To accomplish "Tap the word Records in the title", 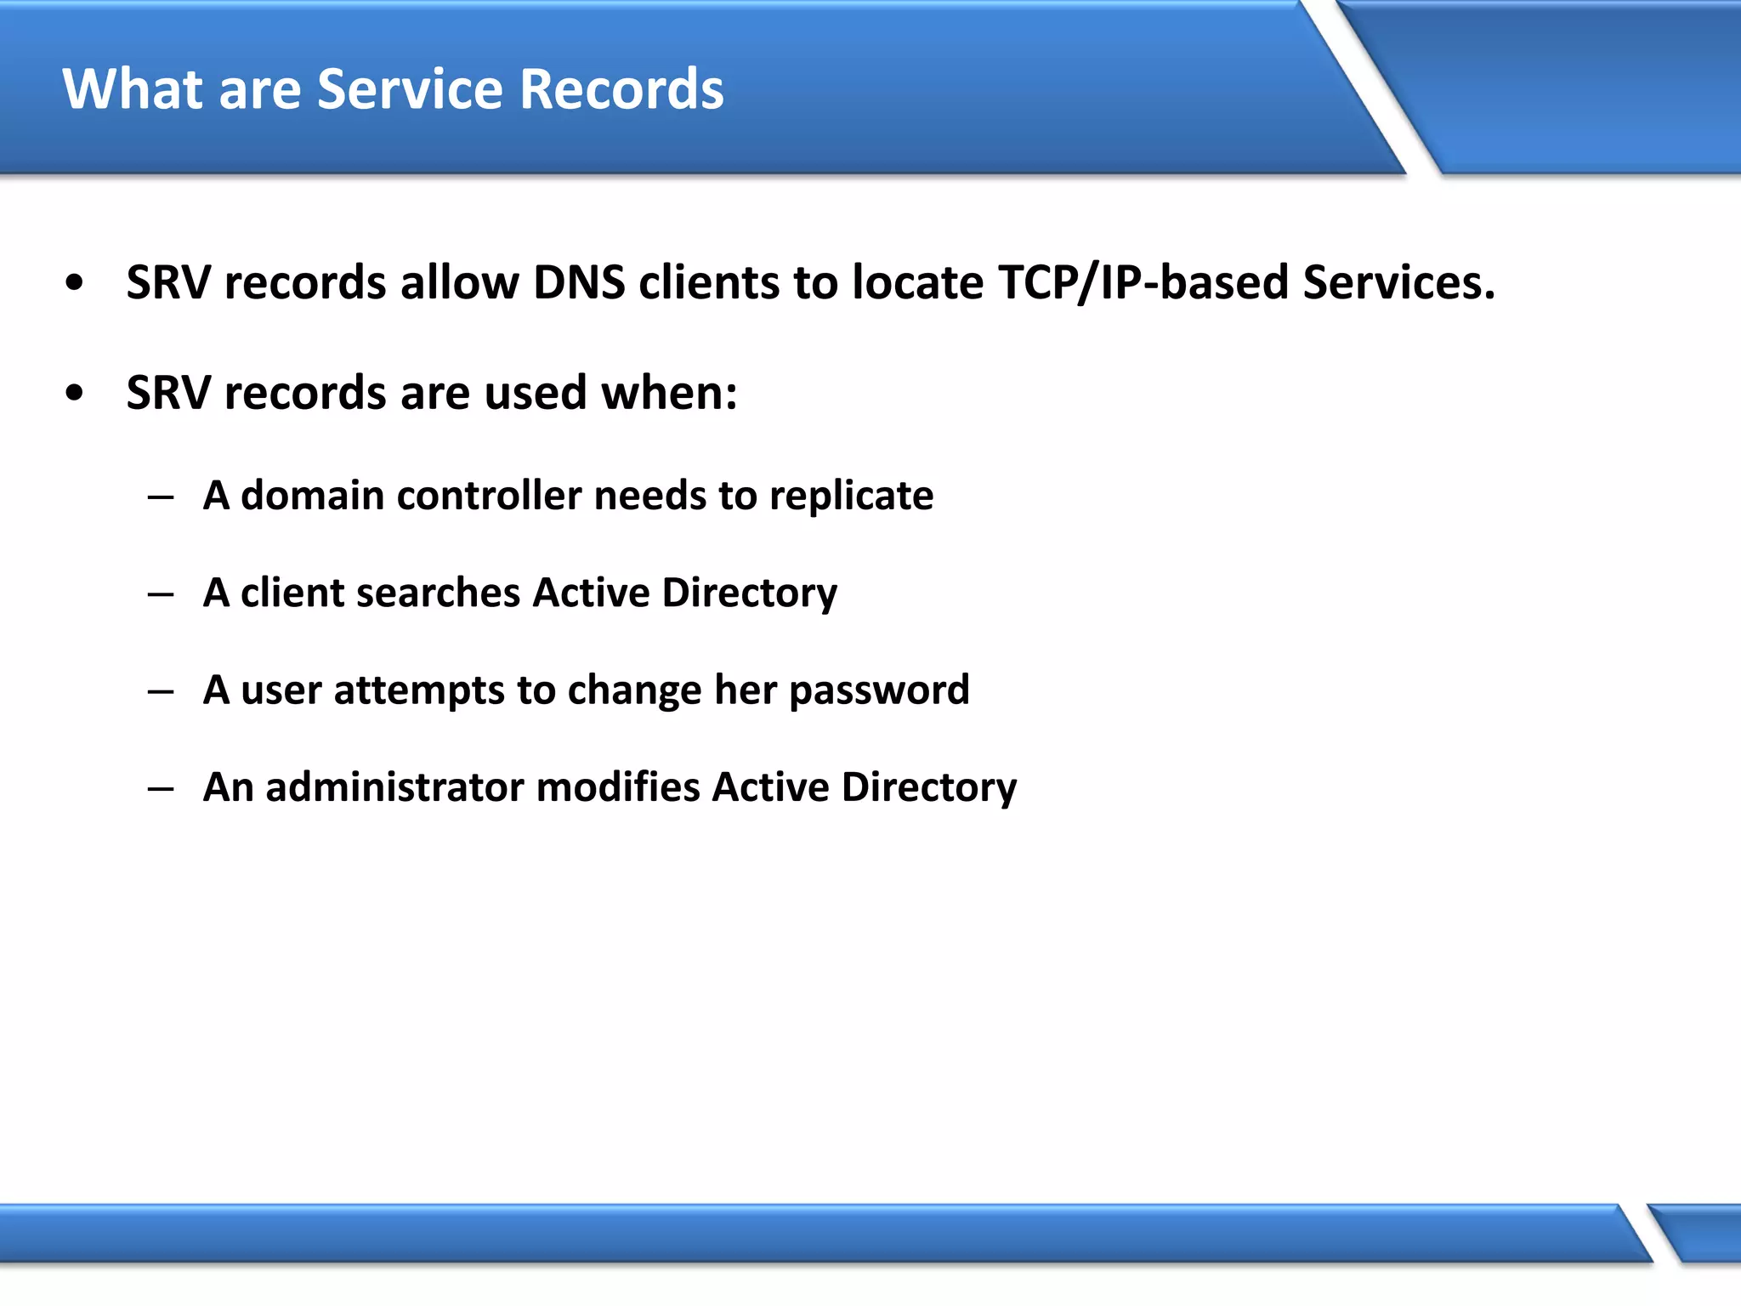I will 621,89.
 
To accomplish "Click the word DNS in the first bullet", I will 579,282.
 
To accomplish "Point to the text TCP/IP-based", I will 1143,282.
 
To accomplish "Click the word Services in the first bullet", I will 1398,282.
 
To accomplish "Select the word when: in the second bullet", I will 669,393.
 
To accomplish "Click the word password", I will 879,690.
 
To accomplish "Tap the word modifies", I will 618,787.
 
